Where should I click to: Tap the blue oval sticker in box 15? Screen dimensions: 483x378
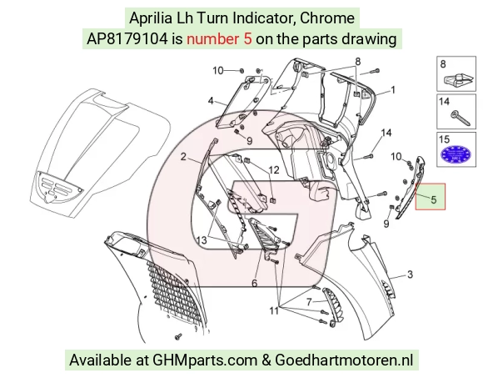456,154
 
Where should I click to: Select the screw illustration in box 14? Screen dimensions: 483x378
461,118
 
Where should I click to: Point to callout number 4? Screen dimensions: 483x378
211,101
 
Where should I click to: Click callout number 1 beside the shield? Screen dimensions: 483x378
393,90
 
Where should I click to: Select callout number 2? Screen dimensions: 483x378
183,157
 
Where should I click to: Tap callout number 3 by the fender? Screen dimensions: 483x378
410,275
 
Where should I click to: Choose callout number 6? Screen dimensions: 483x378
255,283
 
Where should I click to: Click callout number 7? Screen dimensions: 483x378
309,301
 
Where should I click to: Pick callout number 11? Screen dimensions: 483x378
274,310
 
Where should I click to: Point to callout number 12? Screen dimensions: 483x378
274,170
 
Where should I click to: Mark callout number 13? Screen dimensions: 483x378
202,239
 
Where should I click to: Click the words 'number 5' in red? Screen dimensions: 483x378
219,39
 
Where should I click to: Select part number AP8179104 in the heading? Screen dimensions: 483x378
127,39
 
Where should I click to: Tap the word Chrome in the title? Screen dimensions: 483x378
327,18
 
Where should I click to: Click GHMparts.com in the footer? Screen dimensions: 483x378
205,360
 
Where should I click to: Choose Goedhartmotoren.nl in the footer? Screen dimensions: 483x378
344,360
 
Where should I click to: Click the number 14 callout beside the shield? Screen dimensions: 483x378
386,133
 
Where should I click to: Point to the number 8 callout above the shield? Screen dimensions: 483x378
357,62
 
